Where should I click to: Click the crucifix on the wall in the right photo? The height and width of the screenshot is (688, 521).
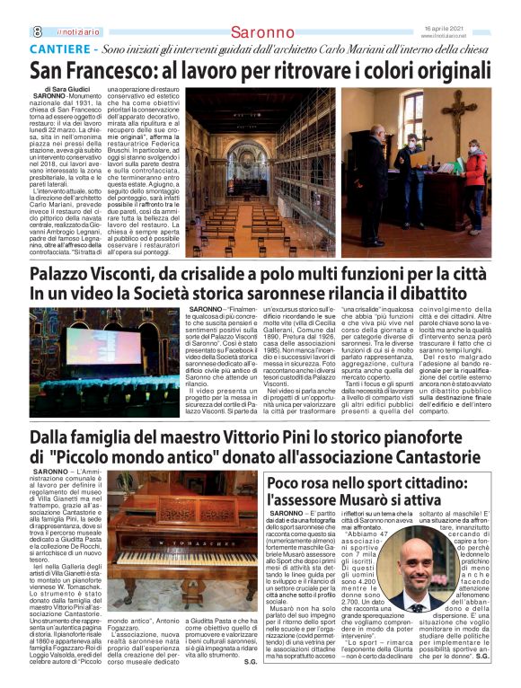pyautogui.click(x=461, y=106)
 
